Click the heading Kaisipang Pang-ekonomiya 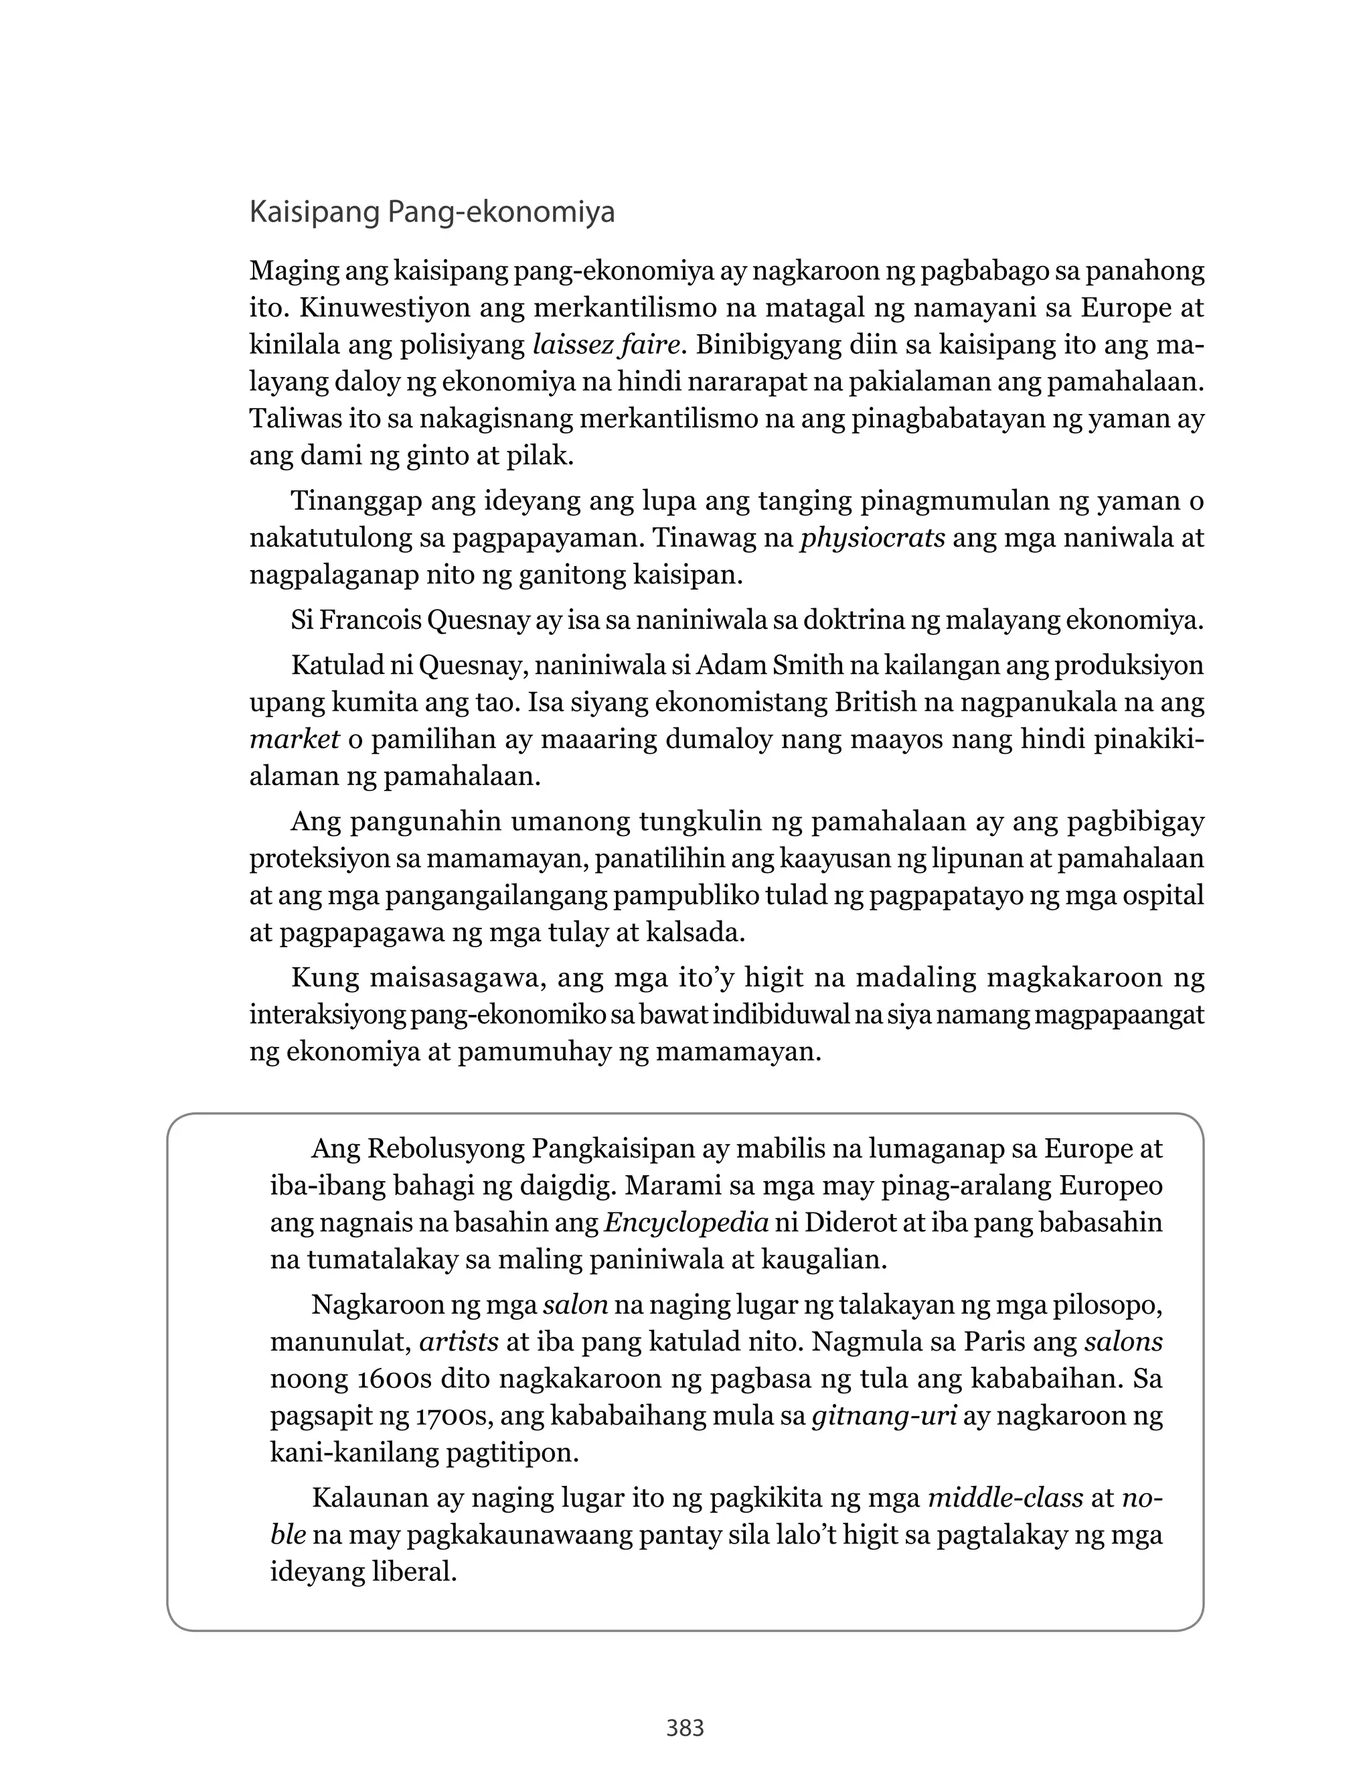(x=432, y=212)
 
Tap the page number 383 (x=685, y=1728)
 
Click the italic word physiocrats (x=872, y=538)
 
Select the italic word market (x=295, y=739)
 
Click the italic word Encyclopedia (x=686, y=1222)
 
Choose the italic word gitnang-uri (x=884, y=1416)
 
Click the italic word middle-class (x=1005, y=1498)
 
